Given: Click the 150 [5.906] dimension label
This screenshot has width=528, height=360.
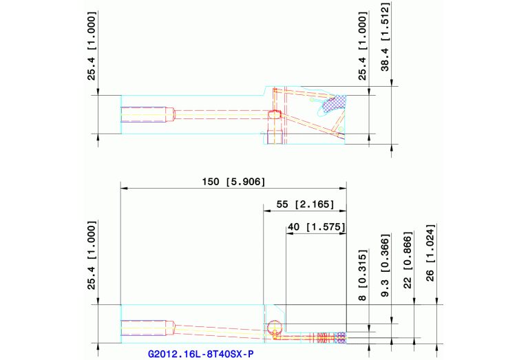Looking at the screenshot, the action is (233, 182).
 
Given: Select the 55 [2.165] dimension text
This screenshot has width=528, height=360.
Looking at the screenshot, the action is (305, 204).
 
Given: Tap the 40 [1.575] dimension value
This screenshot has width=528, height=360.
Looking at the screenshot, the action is (317, 226).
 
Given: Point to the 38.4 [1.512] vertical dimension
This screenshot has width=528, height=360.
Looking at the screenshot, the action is (386, 36).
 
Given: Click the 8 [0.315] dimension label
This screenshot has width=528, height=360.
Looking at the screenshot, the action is (362, 275).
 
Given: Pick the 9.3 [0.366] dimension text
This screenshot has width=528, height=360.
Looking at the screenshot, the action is (386, 266).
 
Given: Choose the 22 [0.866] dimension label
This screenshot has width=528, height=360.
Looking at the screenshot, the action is (408, 260).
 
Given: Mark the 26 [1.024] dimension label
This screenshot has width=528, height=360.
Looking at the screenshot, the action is (430, 253).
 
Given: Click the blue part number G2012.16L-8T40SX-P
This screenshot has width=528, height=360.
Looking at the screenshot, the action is (201, 354).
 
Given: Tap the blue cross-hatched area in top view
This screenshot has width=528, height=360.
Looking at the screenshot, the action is (335, 103).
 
